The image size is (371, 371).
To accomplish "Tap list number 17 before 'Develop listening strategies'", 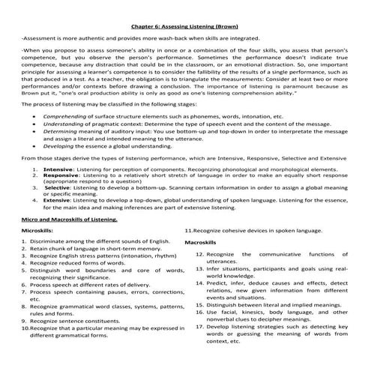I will tap(199, 347).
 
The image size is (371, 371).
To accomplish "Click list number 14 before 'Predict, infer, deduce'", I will tap(199, 304).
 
